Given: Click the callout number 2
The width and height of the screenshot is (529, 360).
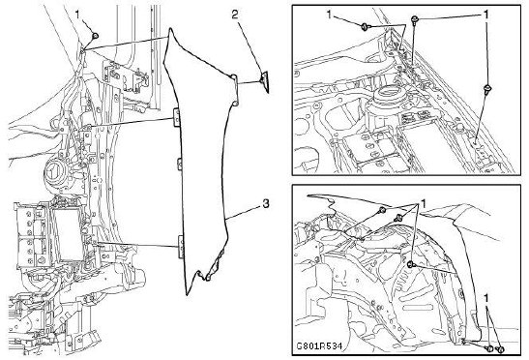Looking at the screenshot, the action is coord(235,15).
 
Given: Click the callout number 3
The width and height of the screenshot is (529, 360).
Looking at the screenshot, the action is coord(266,204).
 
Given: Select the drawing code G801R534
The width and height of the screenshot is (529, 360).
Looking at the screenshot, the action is coord(319,346).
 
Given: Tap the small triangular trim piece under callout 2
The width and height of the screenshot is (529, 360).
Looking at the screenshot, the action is coord(265,81).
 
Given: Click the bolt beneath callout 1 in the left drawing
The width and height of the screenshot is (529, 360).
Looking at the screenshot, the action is coord(95,36).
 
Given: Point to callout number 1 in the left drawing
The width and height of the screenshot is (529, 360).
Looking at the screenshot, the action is coord(77,15).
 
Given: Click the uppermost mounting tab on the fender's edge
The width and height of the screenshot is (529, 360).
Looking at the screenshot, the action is coord(176,117).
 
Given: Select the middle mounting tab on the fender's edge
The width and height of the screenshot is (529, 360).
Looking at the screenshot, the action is coord(180,165).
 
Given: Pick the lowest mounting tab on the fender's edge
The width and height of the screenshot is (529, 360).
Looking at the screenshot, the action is coord(181,247).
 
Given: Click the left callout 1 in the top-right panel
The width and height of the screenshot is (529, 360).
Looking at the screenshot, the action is coord(329,15).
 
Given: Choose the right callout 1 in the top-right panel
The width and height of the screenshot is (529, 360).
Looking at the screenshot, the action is coord(485,15).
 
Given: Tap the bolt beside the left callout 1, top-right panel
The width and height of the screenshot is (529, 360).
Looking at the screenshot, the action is coord(366,27).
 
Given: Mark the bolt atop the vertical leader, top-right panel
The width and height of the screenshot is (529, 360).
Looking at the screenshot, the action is coord(414,19).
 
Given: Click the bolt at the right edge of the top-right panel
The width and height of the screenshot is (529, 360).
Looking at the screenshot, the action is coord(487,89).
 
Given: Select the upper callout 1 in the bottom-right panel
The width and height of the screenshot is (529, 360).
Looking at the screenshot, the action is coord(423,203).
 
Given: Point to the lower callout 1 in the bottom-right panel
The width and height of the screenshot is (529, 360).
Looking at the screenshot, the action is coord(486,298).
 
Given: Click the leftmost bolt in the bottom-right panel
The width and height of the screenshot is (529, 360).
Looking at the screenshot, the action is coord(382,210).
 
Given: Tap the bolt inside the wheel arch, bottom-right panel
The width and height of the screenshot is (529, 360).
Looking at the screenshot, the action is coord(411,265).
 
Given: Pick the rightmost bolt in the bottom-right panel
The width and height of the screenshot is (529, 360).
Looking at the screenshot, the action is coord(501,350).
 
